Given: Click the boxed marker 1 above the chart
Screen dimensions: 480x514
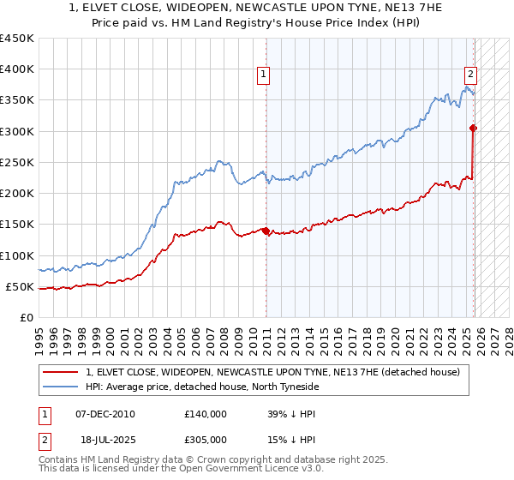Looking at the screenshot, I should pos(263,75).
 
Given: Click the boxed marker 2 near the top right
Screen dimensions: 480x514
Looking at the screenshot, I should pos(470,75).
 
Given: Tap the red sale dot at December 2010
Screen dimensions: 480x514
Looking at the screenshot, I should pos(266,231).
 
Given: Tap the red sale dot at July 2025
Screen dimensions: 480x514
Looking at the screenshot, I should pos(473,128).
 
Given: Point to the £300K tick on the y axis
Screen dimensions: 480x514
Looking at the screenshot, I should pos(16,131).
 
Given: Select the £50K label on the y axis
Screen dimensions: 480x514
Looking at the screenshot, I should pos(20,286).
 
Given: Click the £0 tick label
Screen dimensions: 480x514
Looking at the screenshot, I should pos(27,317).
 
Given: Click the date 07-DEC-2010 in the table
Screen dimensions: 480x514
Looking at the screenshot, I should pos(105,413).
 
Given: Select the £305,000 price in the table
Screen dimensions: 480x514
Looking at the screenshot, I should pos(206,441).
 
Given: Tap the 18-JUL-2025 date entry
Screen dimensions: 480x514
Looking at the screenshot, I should pos(105,441).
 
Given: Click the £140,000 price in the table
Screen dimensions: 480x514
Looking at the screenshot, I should pos(206,413).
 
